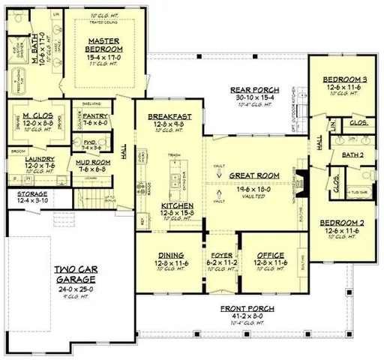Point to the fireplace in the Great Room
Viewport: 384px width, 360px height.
tap(298, 181)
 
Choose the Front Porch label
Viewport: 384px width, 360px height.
tap(247, 308)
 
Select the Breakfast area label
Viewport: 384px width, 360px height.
tap(169, 117)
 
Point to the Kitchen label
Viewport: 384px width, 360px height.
tap(178, 205)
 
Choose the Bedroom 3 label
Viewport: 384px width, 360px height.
tap(343, 79)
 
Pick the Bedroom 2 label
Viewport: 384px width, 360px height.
tap(343, 223)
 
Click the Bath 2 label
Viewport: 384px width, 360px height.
tap(352, 154)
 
